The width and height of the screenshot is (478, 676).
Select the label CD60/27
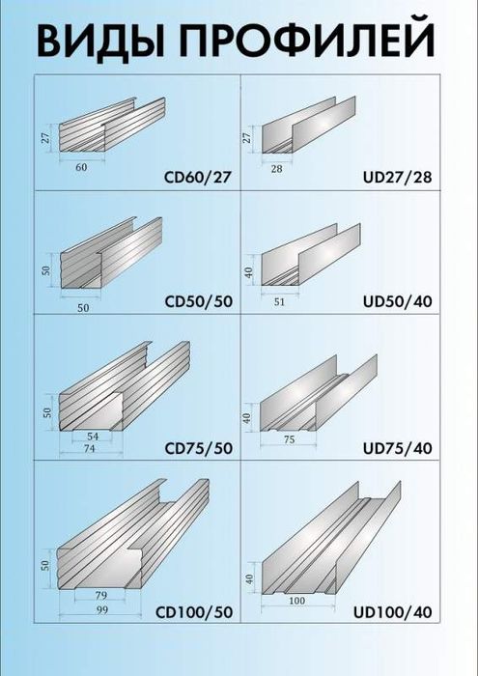pos(198,178)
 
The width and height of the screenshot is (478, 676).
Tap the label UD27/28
pos(397,178)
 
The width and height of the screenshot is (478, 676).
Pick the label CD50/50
pos(198,300)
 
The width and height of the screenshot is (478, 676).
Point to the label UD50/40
pos(397,300)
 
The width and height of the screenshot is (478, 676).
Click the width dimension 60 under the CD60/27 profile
pos(81,167)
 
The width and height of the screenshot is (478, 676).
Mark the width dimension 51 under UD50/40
pos(280,301)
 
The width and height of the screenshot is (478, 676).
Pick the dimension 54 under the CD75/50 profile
pos(93,437)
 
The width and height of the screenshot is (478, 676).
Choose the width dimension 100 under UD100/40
pos(296,602)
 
